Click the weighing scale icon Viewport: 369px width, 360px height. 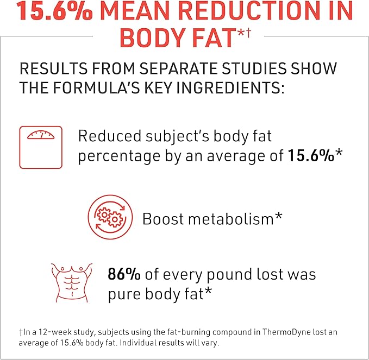point(41,147)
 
